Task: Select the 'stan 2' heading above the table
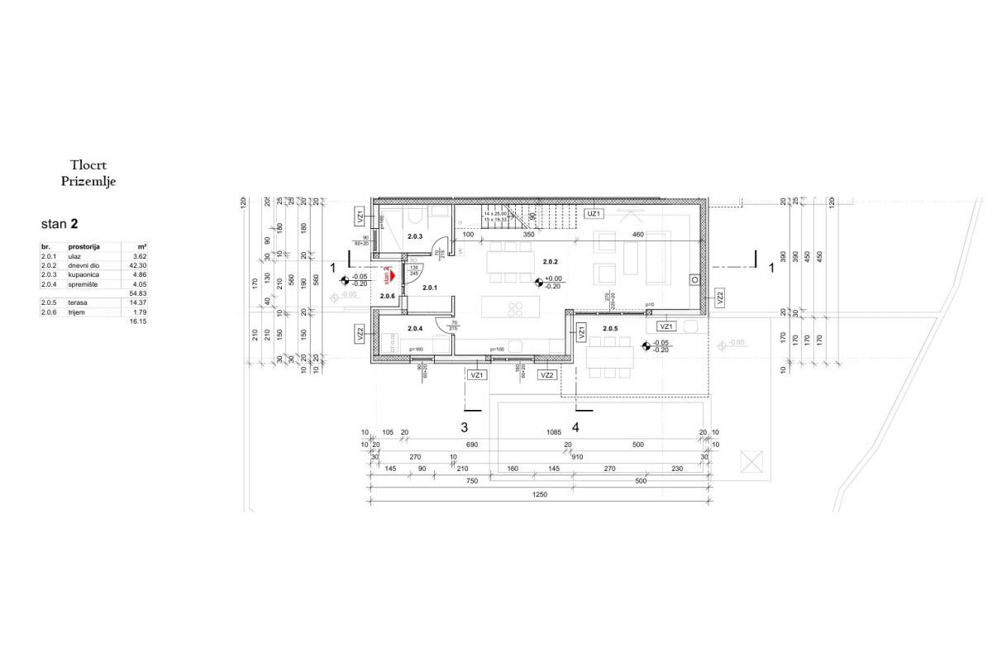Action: tap(60, 224)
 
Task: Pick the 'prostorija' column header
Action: tap(84, 247)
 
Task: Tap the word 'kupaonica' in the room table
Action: tap(84, 274)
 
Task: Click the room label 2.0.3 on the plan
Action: tap(415, 237)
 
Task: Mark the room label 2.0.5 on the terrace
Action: tap(610, 329)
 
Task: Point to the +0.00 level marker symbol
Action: tap(537, 283)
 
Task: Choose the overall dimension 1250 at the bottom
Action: tap(539, 494)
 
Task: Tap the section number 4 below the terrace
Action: tap(575, 427)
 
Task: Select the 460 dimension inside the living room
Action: tap(638, 236)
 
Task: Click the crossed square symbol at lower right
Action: tap(752, 460)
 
